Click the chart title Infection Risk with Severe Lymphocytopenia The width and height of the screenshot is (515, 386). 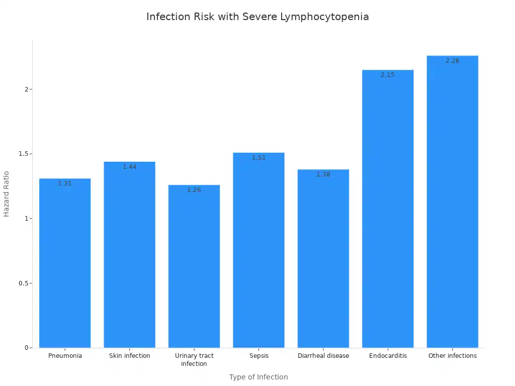[x=257, y=17]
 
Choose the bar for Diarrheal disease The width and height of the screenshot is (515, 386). [x=323, y=258]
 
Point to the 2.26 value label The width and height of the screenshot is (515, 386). [x=452, y=61]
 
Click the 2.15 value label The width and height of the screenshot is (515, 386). [x=388, y=75]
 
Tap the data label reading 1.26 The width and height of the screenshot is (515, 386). [x=194, y=190]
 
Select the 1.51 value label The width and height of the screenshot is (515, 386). [x=259, y=158]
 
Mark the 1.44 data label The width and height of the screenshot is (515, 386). [x=129, y=167]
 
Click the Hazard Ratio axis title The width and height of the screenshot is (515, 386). [x=7, y=194]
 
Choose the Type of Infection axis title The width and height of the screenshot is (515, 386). [x=259, y=377]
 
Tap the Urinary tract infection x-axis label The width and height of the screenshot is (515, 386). [x=194, y=359]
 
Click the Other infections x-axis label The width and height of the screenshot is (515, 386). [x=452, y=356]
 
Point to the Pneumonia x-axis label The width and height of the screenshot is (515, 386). [x=65, y=356]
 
